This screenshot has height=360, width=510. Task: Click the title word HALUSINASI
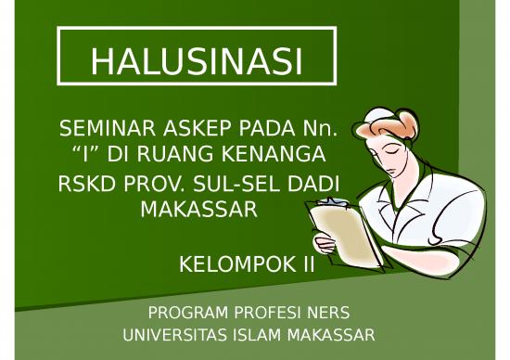197,61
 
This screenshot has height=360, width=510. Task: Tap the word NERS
330,312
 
